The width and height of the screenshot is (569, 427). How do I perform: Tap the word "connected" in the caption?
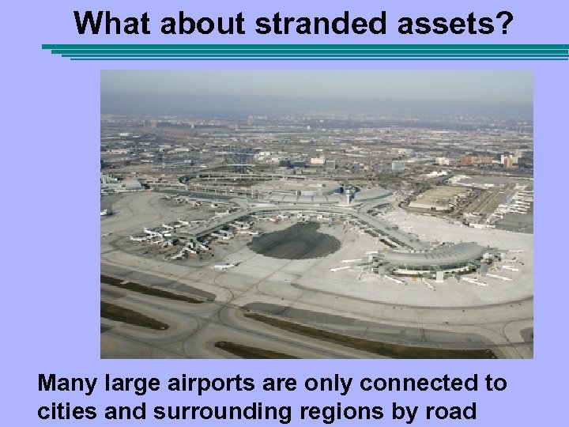click(x=433, y=384)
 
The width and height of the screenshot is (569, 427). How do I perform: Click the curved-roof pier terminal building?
click(x=431, y=255)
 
